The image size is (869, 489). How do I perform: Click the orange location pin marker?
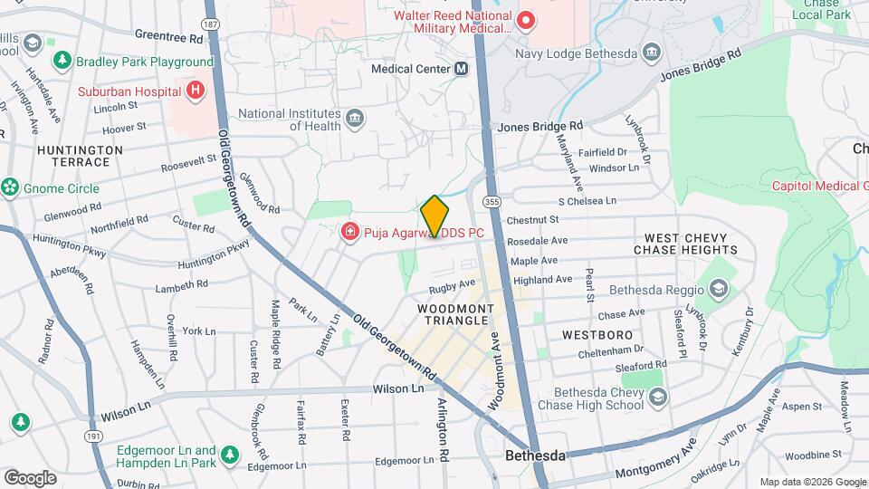[434, 216]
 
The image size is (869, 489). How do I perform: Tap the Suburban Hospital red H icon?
[194, 90]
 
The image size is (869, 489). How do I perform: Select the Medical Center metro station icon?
[461, 68]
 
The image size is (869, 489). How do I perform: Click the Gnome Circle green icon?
[10, 187]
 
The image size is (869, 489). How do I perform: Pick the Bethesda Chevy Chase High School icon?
[658, 397]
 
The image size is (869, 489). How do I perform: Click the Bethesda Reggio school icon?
[718, 290]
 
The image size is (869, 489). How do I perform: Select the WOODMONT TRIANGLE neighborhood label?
[455, 316]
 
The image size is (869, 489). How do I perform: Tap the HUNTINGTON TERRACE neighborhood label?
[79, 156]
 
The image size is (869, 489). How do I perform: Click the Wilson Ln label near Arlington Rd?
[398, 388]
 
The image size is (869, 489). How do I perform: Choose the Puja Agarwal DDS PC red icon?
[349, 233]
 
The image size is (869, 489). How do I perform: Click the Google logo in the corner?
[30, 477]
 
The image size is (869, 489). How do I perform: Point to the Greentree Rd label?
[168, 38]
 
